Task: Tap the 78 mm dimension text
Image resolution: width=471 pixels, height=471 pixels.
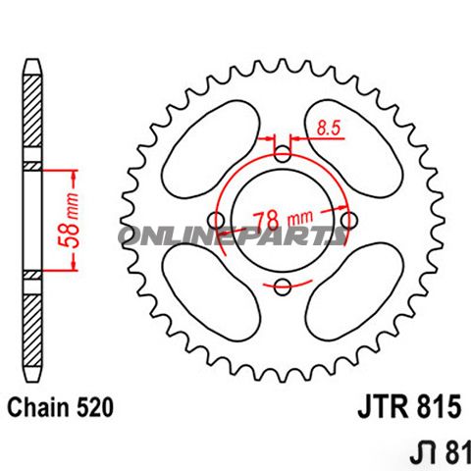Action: (283, 215)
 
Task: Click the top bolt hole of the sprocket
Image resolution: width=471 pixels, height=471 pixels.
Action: (284, 154)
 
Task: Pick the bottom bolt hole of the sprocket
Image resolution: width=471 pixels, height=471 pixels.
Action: (284, 286)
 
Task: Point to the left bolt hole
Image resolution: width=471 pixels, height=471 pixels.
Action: (218, 220)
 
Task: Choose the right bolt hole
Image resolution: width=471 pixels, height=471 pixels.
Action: (349, 220)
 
